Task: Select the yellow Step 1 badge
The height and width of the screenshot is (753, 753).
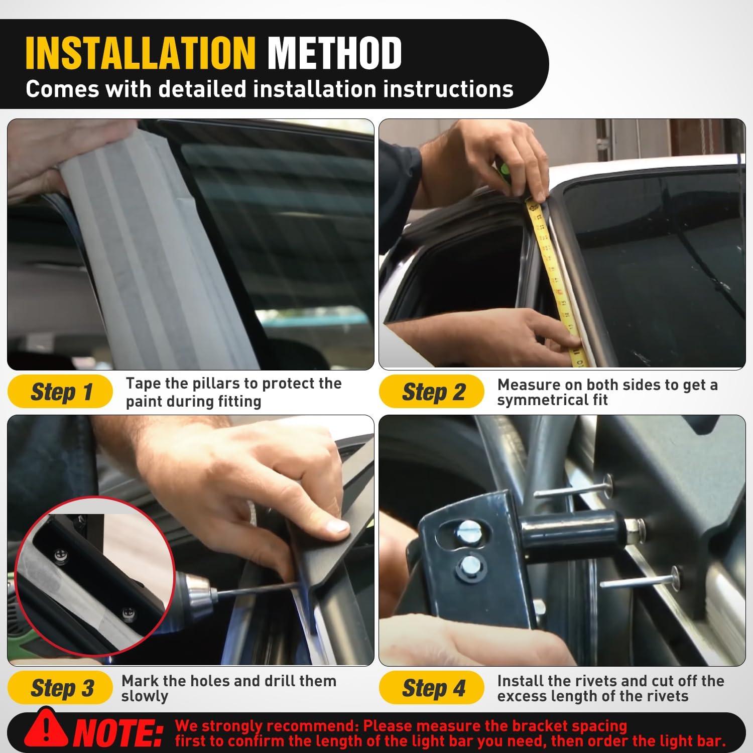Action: coord(60,392)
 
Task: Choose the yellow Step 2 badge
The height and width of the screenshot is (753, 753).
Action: coord(432,392)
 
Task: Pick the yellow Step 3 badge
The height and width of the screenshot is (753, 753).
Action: coord(60,688)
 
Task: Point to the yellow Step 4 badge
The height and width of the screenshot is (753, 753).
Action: coord(432,688)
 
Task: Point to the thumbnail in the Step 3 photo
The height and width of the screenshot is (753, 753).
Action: coord(333,527)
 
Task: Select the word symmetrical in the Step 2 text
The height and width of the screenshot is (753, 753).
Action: coord(553,400)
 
